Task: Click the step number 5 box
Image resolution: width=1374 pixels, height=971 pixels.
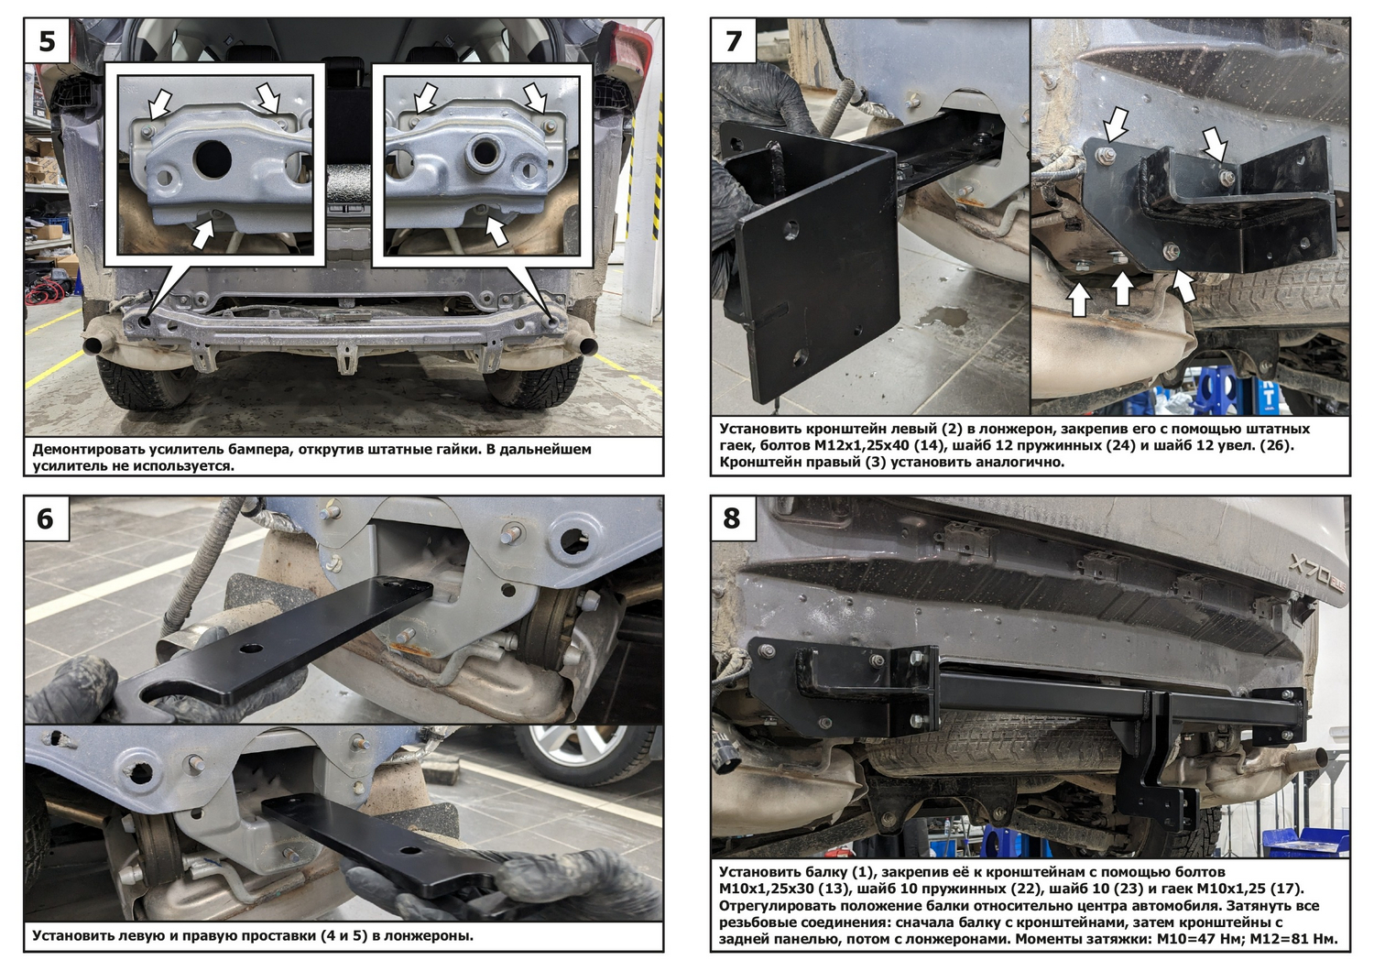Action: (x=47, y=41)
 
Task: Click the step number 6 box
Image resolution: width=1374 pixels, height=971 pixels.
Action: (x=47, y=518)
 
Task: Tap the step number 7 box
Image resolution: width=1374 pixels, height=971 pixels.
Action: (x=734, y=41)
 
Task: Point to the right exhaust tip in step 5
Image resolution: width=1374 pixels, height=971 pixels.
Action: (x=584, y=346)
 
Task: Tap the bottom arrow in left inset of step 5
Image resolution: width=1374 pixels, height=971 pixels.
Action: (x=203, y=234)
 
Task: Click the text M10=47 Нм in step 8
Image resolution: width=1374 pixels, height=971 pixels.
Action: (x=1202, y=939)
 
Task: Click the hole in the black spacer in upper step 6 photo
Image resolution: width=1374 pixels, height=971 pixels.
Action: (x=251, y=649)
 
